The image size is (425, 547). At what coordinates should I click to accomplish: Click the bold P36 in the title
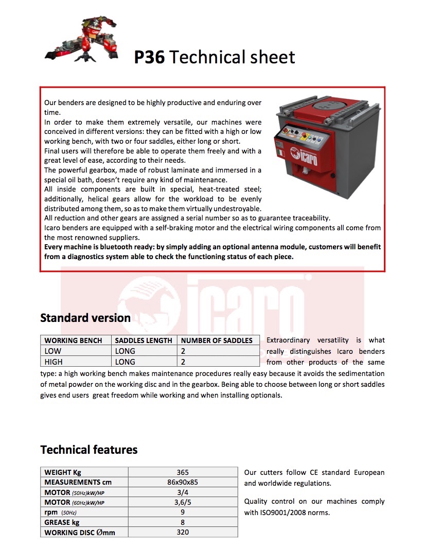149,57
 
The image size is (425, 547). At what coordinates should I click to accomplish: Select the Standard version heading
85,318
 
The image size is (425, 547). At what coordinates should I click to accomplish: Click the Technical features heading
89,450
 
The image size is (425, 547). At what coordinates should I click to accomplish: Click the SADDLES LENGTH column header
144,340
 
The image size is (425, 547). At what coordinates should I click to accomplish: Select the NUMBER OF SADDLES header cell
217,340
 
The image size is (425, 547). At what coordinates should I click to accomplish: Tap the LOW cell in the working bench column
53,351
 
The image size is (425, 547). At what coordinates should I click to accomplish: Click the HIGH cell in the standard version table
54,362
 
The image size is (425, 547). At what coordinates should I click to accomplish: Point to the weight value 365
183,472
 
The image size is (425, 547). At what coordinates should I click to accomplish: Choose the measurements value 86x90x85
183,483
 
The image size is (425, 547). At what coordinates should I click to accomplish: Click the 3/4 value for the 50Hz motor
183,492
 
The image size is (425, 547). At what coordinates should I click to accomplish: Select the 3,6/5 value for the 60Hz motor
183,503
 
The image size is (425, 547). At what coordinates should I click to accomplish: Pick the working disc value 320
183,533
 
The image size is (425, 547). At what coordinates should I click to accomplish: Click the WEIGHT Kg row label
63,472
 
